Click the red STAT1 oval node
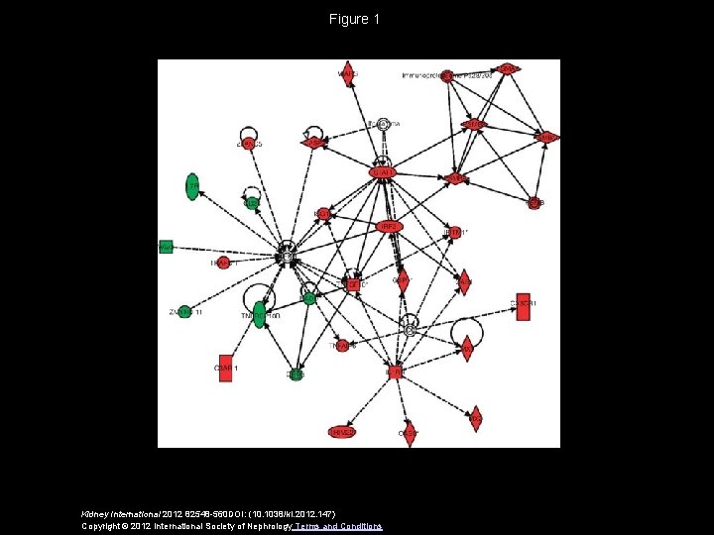coord(382,172)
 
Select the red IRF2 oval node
coord(389,227)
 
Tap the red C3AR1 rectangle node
coord(225,368)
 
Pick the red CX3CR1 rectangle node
coord(523,307)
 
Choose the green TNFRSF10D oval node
coord(259,316)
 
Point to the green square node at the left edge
coord(166,246)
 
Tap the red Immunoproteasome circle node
coord(447,75)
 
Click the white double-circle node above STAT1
coord(383,125)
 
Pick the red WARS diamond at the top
coord(348,73)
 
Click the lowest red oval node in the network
coord(341,432)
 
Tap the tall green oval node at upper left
coord(191,186)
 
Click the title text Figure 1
coord(356,19)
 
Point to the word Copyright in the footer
coord(101,525)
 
